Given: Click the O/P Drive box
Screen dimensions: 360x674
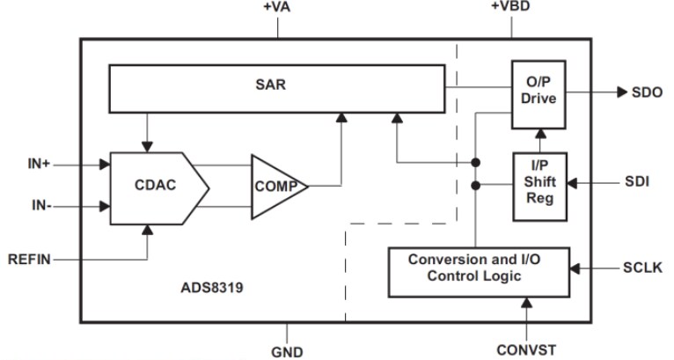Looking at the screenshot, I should tap(538, 91).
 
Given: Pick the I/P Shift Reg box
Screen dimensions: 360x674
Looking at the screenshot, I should tap(538, 185).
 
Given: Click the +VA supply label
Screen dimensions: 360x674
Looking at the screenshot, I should tap(277, 8).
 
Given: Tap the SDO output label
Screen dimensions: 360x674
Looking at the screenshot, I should tap(648, 92).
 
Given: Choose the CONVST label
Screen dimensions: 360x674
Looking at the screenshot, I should tap(527, 349).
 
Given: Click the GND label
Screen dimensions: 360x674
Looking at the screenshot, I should tap(287, 351).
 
